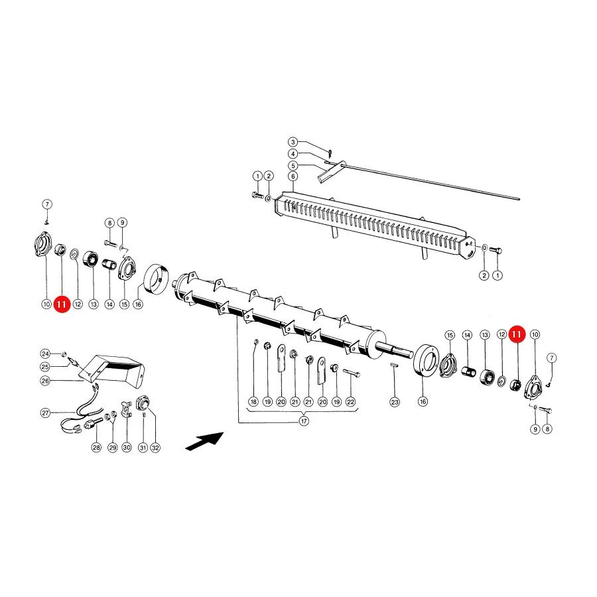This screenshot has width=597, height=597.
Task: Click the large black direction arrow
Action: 205,441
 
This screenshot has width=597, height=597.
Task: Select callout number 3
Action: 293,142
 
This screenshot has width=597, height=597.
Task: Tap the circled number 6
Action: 293,176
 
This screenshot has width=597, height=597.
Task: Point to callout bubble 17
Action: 304,421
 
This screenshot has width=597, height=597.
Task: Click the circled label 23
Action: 395,402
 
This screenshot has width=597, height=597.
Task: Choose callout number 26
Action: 45,381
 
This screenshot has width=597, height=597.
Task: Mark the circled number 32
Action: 155,448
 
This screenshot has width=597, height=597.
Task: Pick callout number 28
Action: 96,447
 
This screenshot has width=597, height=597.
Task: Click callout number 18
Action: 253,402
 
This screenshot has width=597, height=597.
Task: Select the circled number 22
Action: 350,402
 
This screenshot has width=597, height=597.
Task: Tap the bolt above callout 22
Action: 352,373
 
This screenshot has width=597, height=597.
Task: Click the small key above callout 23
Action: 395,365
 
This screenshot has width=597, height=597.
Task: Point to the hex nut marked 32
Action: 143,403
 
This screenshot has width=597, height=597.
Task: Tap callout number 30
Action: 127,447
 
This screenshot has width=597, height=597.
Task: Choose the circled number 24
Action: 45,354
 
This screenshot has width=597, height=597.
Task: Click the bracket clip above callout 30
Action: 126,408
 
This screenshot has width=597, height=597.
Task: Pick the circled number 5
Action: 293,166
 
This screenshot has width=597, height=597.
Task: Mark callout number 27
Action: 45,413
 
